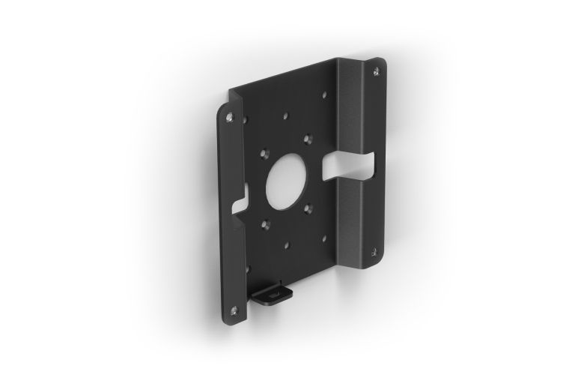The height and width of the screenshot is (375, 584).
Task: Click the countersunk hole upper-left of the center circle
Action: (x=264, y=152)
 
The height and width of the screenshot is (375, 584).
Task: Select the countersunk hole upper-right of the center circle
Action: (x=307, y=136)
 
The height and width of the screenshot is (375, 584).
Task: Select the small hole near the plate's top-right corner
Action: (x=323, y=94)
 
